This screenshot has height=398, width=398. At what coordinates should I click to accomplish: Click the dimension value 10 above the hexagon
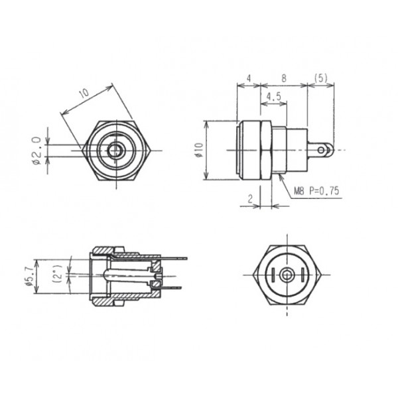84,94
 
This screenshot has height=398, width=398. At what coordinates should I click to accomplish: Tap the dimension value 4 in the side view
248,78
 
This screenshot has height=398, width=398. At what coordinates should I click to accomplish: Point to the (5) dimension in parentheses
322,78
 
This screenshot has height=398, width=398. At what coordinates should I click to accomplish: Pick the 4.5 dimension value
273,97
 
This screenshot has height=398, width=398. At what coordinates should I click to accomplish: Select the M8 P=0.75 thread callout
316,190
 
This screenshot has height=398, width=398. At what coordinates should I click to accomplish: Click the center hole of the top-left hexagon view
117,151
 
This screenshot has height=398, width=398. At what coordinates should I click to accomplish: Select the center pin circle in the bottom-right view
286,275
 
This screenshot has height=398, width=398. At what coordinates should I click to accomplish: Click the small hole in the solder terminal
325,151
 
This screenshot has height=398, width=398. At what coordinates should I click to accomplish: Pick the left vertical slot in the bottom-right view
273,275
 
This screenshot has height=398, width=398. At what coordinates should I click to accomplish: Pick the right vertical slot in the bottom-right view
300,275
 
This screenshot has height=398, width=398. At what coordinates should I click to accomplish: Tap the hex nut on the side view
265,151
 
